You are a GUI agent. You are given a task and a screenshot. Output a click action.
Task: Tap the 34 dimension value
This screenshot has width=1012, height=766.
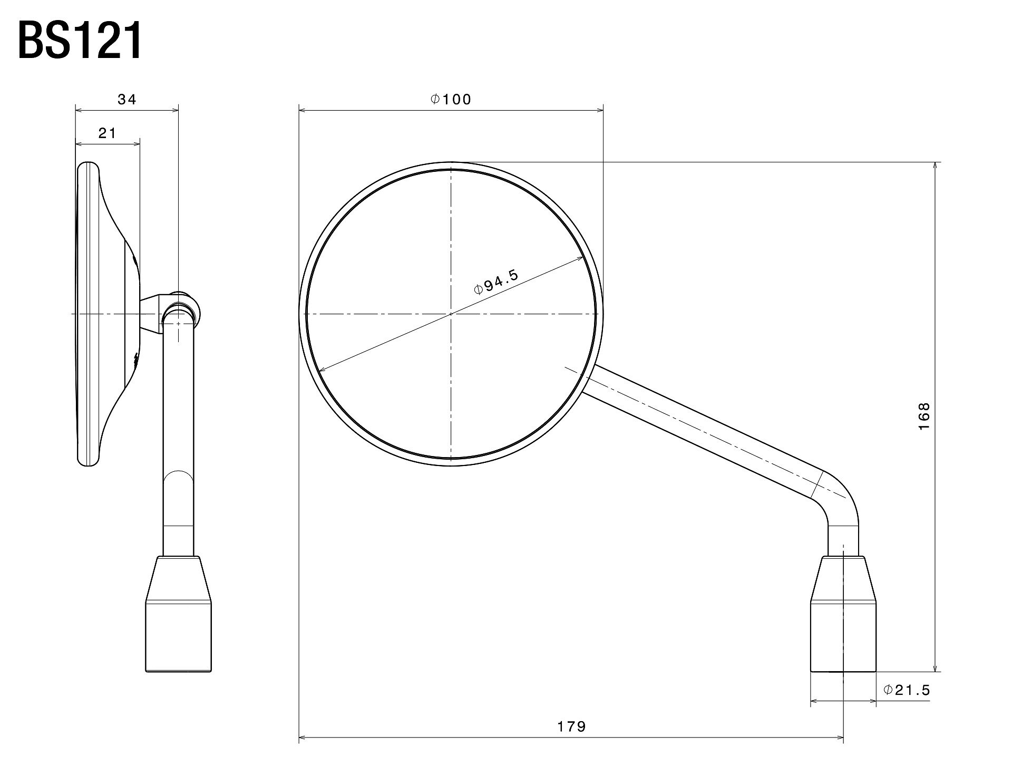[127, 99]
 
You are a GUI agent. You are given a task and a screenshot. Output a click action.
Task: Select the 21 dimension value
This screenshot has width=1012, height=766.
[107, 133]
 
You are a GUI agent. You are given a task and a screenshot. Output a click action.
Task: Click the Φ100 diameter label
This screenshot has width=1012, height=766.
[451, 99]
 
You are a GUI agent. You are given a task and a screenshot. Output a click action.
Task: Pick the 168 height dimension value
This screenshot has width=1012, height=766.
[924, 416]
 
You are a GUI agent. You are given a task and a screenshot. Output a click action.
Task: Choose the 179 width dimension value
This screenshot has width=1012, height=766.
[572, 726]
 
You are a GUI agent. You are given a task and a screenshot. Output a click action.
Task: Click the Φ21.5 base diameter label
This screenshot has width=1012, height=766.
[907, 690]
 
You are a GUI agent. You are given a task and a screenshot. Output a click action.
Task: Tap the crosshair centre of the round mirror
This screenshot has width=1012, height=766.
[451, 314]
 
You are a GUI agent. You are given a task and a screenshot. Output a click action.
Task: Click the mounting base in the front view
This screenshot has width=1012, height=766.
[843, 614]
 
